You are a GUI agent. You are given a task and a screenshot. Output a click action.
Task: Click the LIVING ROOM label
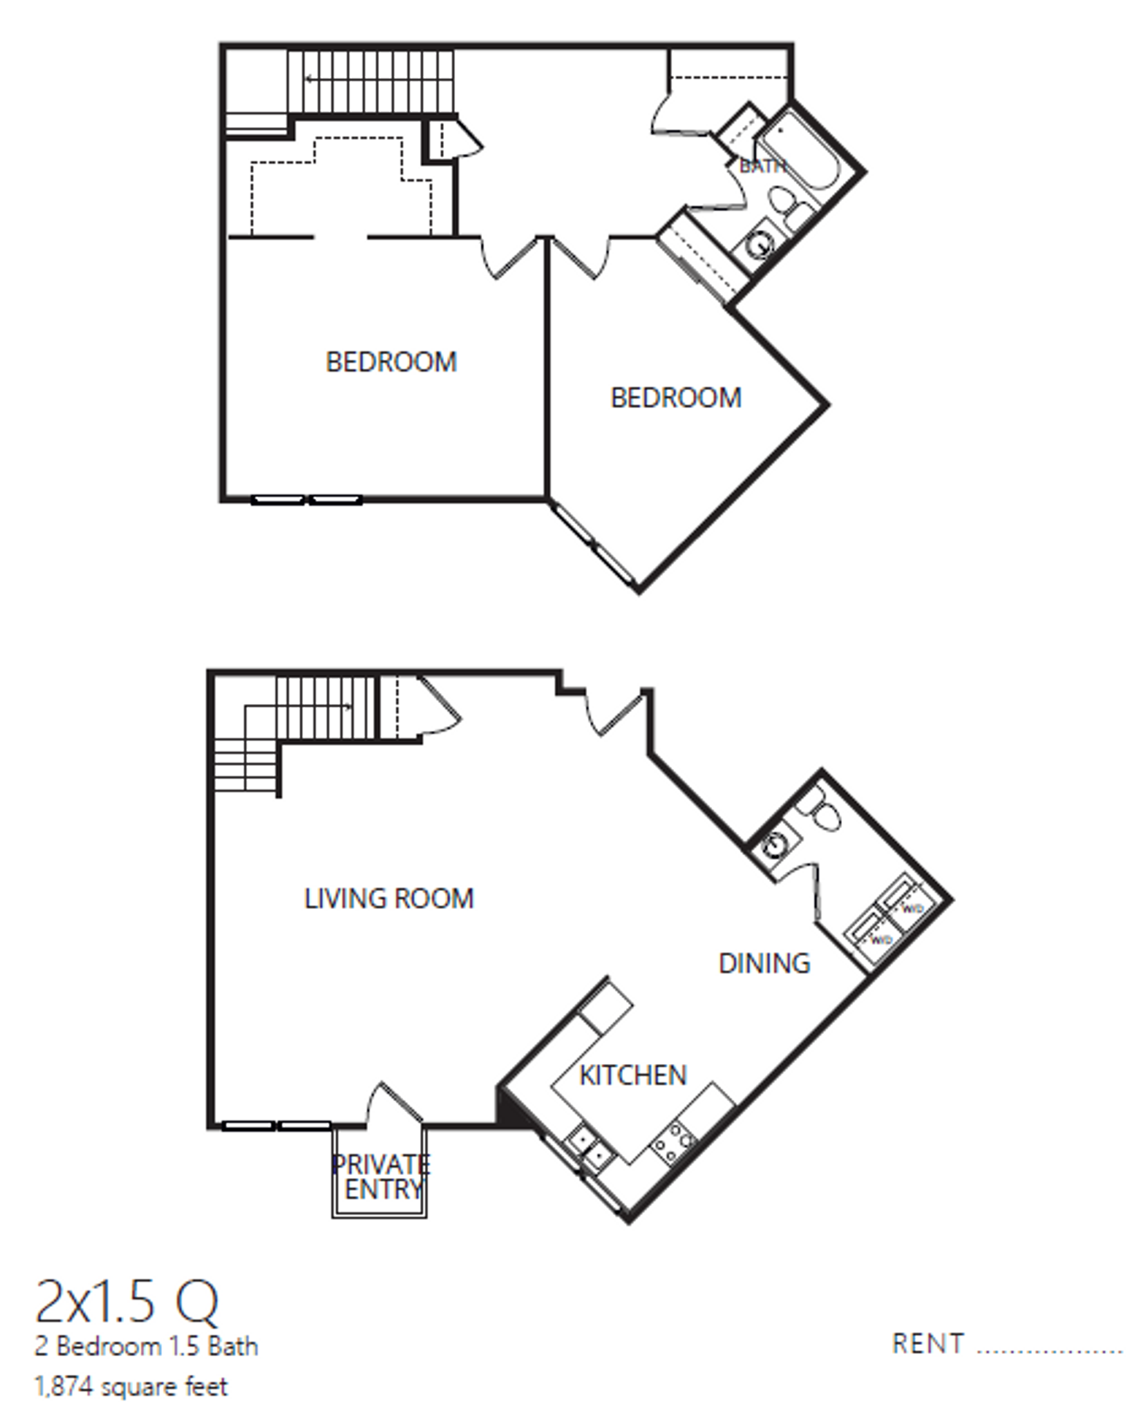(x=389, y=898)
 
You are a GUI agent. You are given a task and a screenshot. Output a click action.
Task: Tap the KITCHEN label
(x=632, y=1075)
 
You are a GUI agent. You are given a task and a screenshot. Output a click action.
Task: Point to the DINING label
(x=764, y=963)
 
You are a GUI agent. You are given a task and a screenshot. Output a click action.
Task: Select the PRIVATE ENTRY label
(x=381, y=1176)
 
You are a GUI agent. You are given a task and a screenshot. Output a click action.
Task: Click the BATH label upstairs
(x=761, y=166)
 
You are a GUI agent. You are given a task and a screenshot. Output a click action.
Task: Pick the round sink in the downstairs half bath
(x=774, y=846)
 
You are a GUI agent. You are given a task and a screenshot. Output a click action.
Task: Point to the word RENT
(x=928, y=1344)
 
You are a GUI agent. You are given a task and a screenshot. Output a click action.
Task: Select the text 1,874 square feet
(x=131, y=1385)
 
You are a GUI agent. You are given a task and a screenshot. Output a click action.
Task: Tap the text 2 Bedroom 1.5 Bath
(x=146, y=1346)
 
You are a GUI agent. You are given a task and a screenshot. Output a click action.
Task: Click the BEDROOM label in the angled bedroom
(x=676, y=398)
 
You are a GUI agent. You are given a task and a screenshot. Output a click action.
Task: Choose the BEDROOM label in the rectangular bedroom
(x=391, y=362)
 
